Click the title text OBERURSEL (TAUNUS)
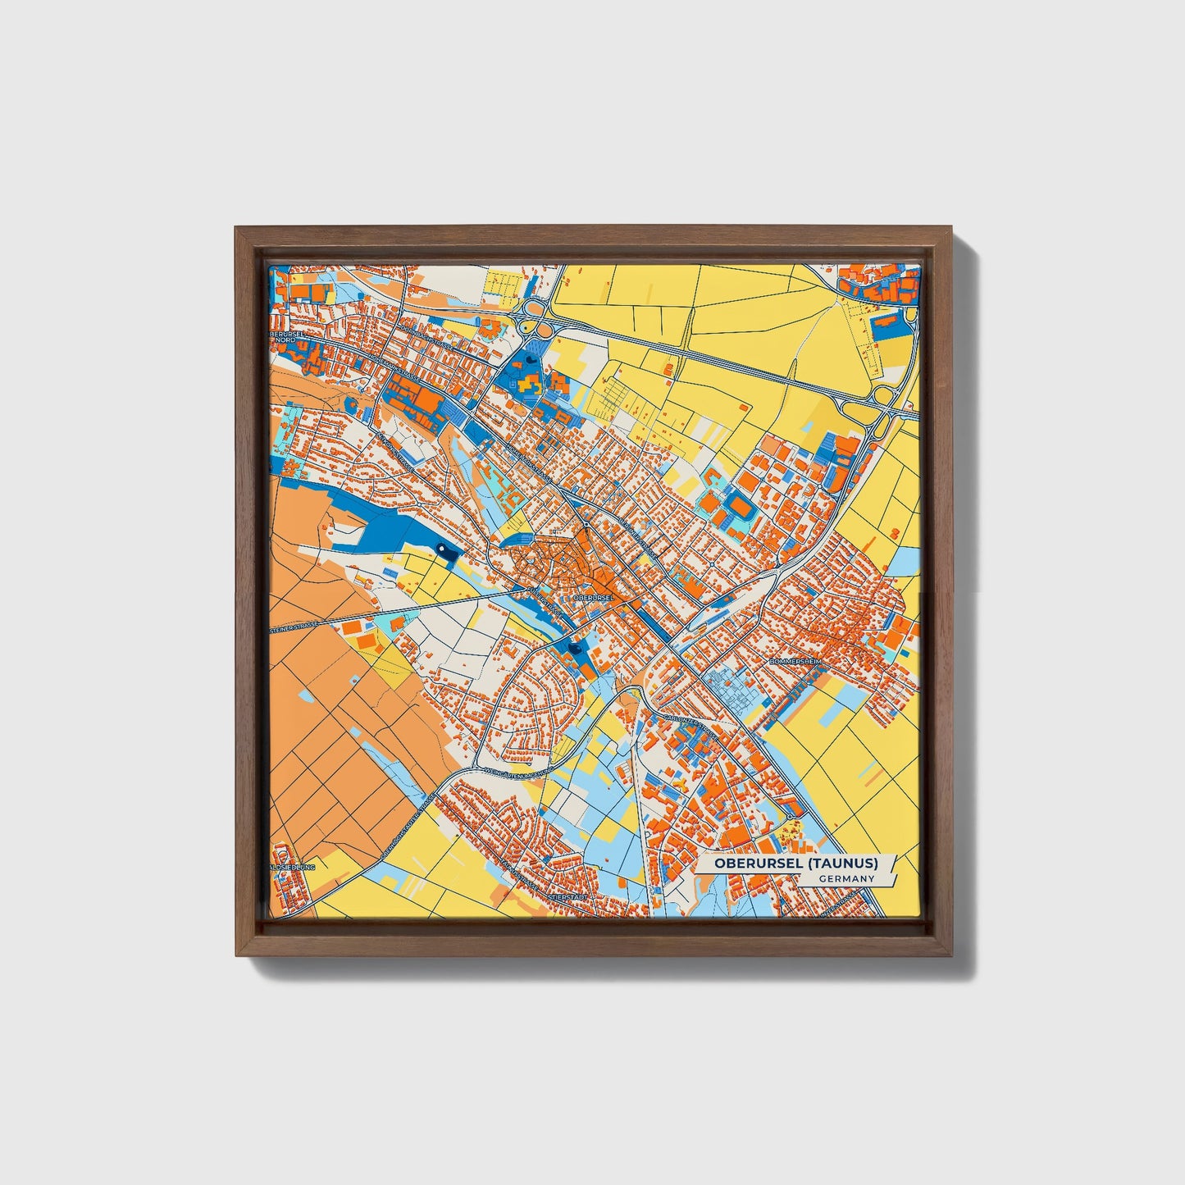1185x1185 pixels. click(795, 863)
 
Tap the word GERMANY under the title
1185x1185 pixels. click(846, 878)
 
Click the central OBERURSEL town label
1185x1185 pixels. click(594, 598)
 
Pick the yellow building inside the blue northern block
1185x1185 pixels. click(528, 382)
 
